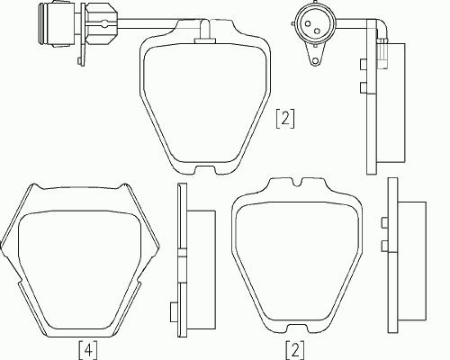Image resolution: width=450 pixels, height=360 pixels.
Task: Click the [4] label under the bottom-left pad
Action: (88, 349)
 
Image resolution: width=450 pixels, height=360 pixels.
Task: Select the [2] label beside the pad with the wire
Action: (285, 119)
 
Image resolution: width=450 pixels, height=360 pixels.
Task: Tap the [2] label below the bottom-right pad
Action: (295, 349)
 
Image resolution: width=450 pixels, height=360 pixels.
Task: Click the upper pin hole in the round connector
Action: (308, 23)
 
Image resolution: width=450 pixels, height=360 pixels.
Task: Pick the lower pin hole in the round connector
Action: (317, 31)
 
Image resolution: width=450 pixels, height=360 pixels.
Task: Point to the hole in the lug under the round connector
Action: (315, 61)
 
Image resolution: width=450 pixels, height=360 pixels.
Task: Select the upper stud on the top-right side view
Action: (363, 63)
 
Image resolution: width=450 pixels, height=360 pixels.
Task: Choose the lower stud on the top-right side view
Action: (363, 86)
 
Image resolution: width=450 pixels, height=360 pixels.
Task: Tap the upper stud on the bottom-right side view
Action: (384, 222)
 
